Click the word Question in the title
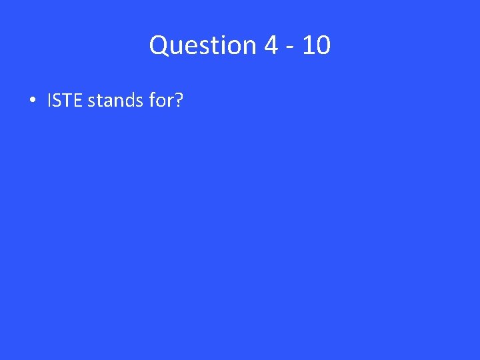[203, 45]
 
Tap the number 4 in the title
[271, 45]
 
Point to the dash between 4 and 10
[288, 47]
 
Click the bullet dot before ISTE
[32, 101]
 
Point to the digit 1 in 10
[306, 45]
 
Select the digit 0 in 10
[321, 45]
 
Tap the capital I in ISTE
[49, 101]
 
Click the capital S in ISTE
[57, 101]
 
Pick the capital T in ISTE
[67, 101]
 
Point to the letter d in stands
[127, 101]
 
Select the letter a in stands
[105, 102]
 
